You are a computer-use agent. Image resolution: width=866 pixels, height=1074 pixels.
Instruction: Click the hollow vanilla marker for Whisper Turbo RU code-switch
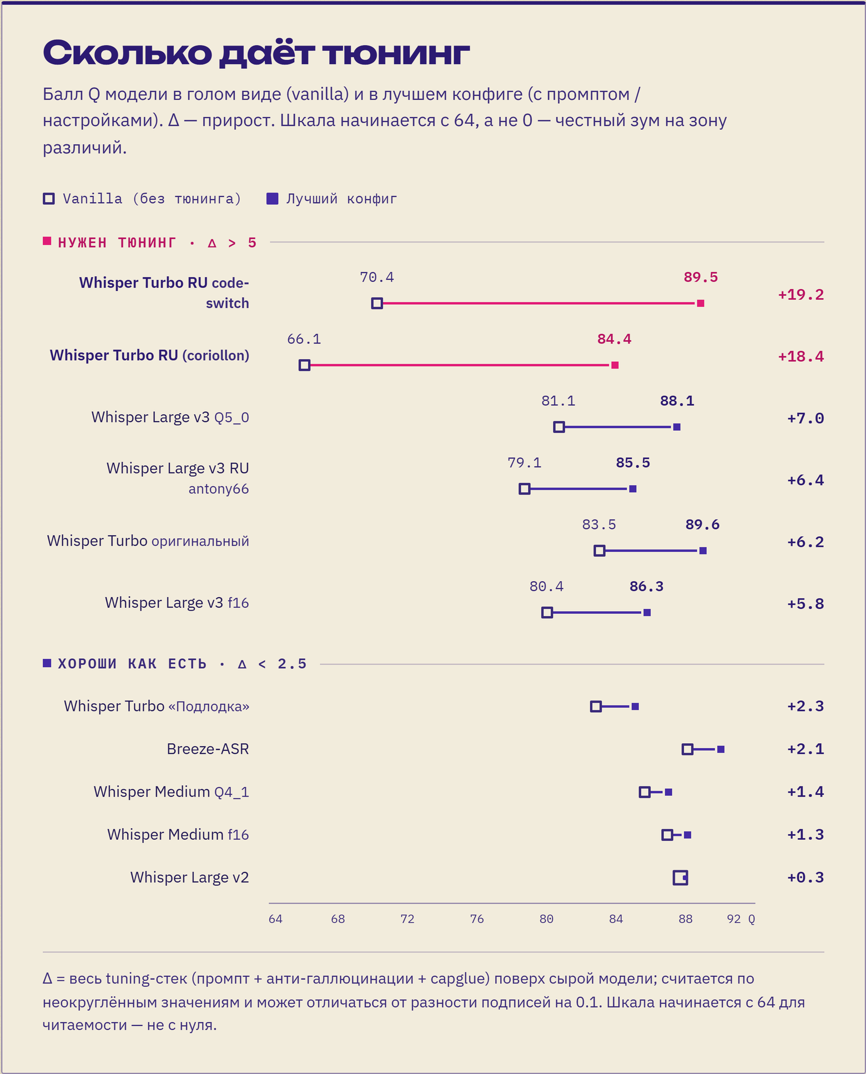click(x=377, y=303)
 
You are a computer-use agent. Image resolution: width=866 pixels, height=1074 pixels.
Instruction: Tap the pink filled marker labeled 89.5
click(x=701, y=303)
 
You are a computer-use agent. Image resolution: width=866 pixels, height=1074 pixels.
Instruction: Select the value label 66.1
click(x=304, y=339)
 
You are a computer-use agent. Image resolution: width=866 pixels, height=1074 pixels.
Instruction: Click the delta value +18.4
click(x=800, y=356)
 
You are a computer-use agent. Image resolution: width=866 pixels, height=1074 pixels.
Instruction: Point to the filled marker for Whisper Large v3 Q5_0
click(x=677, y=427)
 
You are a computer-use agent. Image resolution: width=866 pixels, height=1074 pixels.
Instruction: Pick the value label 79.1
click(x=525, y=463)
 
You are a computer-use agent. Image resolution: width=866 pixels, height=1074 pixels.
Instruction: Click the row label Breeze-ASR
click(x=208, y=749)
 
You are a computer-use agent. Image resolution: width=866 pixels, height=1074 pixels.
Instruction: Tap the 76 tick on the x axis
click(x=477, y=919)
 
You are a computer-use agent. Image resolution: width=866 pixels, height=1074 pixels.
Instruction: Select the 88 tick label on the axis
click(x=686, y=919)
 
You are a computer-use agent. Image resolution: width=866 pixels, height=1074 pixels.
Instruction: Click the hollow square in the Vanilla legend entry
click(x=49, y=199)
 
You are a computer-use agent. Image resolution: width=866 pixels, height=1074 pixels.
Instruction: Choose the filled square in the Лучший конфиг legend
click(x=272, y=199)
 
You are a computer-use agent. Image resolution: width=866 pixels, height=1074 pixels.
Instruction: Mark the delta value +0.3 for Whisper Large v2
click(x=805, y=878)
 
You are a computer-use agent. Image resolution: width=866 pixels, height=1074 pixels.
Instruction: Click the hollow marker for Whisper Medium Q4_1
click(x=645, y=792)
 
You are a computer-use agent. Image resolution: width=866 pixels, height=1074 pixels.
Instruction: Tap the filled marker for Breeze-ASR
click(x=721, y=749)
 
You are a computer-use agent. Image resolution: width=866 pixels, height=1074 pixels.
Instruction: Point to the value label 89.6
click(x=702, y=525)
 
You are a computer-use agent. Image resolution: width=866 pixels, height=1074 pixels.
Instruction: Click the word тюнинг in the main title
click(x=396, y=53)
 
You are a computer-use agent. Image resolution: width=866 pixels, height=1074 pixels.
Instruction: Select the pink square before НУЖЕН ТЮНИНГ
click(x=47, y=241)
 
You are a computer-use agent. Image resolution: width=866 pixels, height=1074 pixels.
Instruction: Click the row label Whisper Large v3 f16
click(x=177, y=603)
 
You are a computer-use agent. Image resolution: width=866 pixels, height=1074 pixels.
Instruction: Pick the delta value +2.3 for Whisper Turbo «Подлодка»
click(x=805, y=706)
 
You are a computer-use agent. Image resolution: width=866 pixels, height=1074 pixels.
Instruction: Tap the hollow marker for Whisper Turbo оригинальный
click(x=599, y=551)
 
